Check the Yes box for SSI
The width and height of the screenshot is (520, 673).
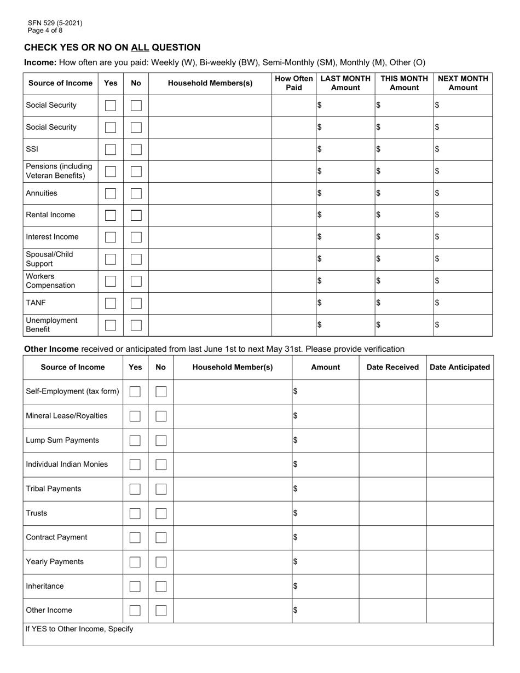click(x=111, y=149)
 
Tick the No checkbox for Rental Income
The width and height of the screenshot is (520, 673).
click(x=136, y=215)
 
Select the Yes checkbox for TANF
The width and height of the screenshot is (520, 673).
click(x=111, y=303)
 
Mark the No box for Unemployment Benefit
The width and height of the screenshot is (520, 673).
click(x=136, y=325)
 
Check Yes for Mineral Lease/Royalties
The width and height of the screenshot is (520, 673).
click(x=135, y=416)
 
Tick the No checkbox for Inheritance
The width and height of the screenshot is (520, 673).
click(x=161, y=587)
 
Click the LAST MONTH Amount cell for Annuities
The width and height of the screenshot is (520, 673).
click(x=345, y=193)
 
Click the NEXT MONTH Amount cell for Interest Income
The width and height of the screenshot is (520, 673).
click(x=463, y=237)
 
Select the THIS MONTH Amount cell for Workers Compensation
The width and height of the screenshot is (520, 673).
click(x=404, y=281)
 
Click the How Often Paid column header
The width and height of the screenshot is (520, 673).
click(x=294, y=83)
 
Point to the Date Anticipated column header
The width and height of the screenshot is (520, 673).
click(x=460, y=367)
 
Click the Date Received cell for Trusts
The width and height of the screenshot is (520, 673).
click(x=392, y=513)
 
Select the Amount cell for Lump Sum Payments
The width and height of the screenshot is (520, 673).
click(x=326, y=440)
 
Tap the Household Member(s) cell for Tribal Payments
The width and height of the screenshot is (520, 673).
click(x=233, y=489)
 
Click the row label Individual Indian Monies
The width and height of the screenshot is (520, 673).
click(x=67, y=465)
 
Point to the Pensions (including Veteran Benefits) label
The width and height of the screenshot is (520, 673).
click(x=59, y=171)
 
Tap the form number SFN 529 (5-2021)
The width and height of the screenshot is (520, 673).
click(x=55, y=23)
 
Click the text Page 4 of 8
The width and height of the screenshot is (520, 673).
click(x=45, y=31)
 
